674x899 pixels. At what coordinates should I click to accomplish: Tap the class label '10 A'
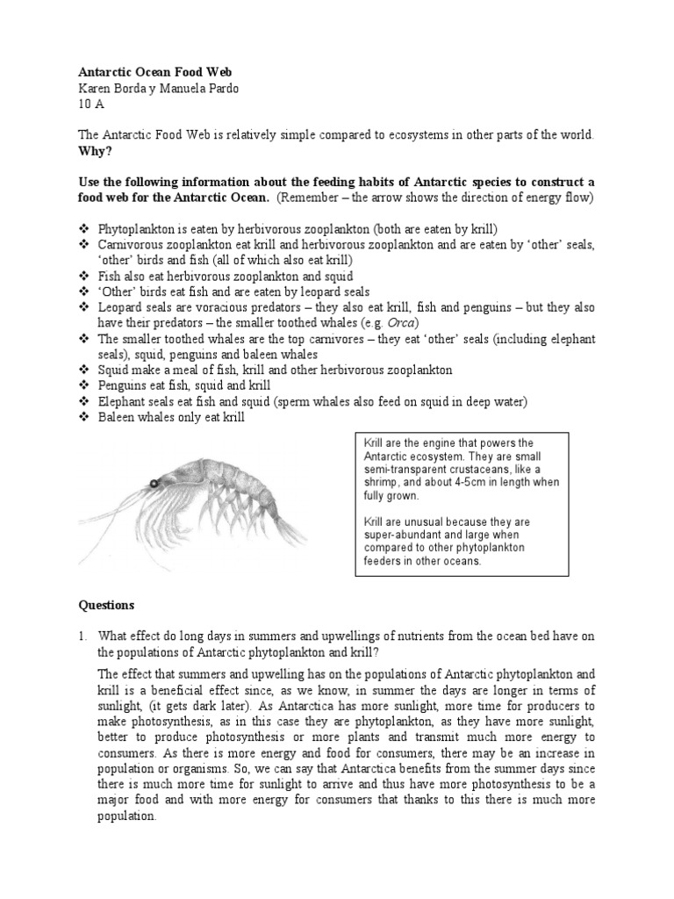pos(90,104)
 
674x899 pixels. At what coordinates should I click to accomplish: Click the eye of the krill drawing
pos(154,484)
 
